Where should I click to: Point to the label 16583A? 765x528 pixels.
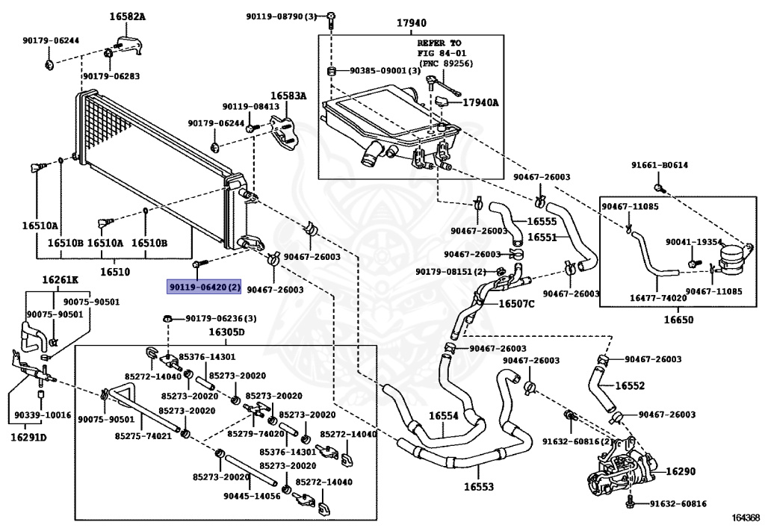pos(288,96)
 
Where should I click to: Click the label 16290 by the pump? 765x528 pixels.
pos(681,471)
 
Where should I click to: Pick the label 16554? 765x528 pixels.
pos(444,416)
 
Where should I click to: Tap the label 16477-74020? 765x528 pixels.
pos(659,297)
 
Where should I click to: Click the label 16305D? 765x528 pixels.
pos(227,332)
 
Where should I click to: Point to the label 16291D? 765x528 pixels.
pos(29,437)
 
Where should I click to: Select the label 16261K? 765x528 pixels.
pos(59,280)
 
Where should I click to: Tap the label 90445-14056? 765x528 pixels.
pos(252,496)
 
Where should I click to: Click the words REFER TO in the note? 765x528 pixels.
pos(439,44)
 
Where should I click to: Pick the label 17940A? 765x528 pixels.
pos(480,102)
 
